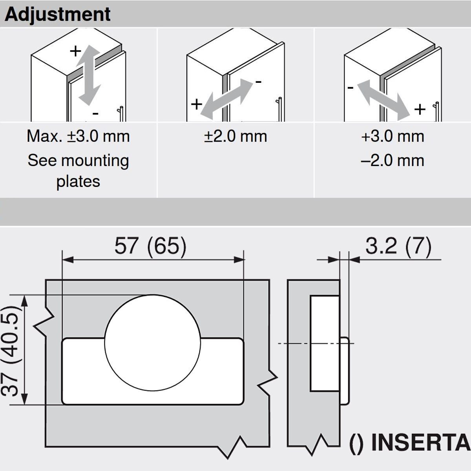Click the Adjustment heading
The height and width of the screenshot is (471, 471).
(x=58, y=15)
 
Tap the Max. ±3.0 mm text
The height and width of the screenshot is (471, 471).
(x=78, y=136)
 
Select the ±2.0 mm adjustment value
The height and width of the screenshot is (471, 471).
(x=235, y=136)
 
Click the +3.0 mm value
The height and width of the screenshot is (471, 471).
(x=392, y=136)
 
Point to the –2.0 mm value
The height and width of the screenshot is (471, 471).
(x=392, y=161)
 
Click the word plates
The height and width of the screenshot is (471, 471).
(x=78, y=182)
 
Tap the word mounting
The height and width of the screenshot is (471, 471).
(x=95, y=161)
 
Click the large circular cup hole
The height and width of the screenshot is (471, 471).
(x=153, y=343)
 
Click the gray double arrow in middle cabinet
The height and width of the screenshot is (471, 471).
(x=226, y=99)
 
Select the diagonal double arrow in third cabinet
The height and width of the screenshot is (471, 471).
(x=383, y=101)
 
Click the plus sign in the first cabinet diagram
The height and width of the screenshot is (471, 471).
(x=75, y=51)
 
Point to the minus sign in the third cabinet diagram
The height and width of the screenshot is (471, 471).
(x=350, y=88)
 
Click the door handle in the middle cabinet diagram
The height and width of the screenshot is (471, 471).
(x=279, y=109)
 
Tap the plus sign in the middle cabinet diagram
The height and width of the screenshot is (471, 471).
(x=197, y=105)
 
